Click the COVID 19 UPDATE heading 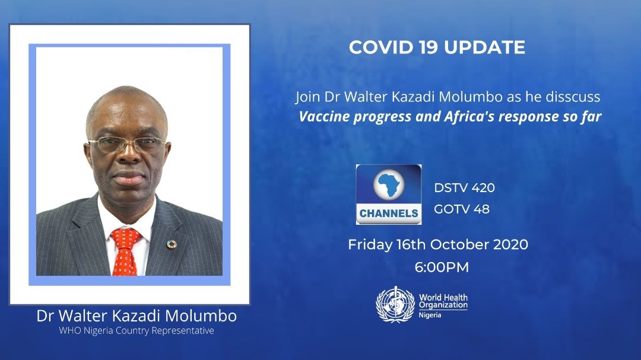437,47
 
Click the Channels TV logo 389,195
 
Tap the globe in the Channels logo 389,186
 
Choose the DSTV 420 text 464,188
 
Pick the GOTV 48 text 462,209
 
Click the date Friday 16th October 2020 438,244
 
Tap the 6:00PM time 442,267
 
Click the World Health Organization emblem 395,305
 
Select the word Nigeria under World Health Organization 430,315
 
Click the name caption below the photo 137,316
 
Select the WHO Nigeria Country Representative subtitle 137,331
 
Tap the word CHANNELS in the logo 389,213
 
